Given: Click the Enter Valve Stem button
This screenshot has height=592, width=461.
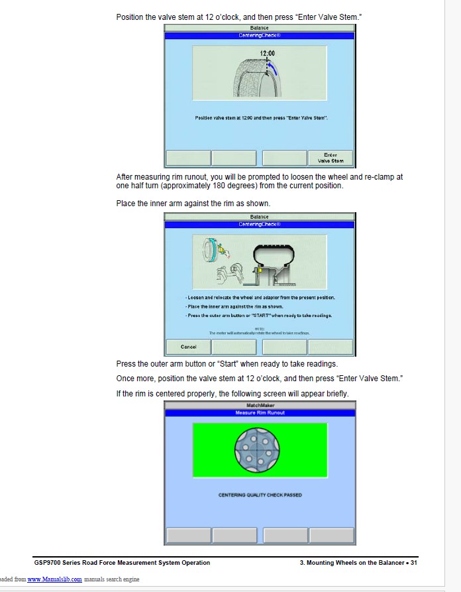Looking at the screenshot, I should click(331, 158).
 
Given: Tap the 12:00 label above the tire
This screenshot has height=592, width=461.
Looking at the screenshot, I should click(268, 52).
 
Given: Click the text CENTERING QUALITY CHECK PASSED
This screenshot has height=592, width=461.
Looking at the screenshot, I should click(260, 495).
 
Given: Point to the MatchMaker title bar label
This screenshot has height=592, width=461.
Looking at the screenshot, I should click(260, 405).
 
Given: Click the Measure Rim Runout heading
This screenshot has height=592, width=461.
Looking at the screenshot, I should click(260, 413).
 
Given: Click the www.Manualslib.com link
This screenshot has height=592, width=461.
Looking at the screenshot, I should click(54, 579).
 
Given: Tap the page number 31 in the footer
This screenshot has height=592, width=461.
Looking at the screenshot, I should click(413, 563).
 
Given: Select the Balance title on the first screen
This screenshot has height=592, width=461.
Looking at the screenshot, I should click(260, 29).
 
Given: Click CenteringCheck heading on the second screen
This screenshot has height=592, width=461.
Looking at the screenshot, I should click(260, 224).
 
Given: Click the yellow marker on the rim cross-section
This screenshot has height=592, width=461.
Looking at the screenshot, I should click(261, 270).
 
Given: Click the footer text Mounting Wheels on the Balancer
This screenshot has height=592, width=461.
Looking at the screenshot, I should click(354, 563).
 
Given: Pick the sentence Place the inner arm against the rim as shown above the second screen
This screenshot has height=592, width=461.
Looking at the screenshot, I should click(193, 203).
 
